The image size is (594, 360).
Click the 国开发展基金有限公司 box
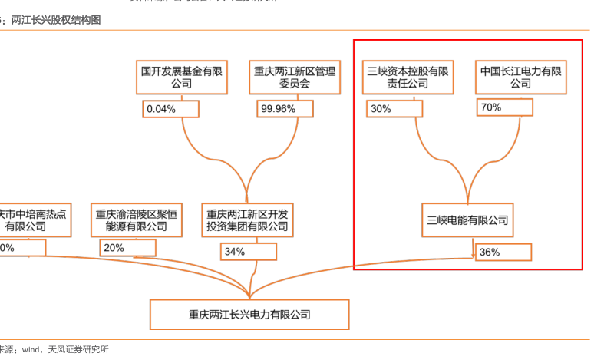181,78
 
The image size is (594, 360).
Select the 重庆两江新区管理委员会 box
295,78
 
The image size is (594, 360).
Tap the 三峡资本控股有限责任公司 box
408,78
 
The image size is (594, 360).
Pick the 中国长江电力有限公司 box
520,78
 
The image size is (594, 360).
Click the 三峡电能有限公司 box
468,220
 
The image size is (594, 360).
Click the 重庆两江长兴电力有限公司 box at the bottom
249,315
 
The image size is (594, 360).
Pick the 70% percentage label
504,107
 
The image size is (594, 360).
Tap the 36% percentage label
503,252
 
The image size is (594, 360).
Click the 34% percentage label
248,251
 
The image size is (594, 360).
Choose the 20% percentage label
127,248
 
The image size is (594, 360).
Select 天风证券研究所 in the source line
78,350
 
